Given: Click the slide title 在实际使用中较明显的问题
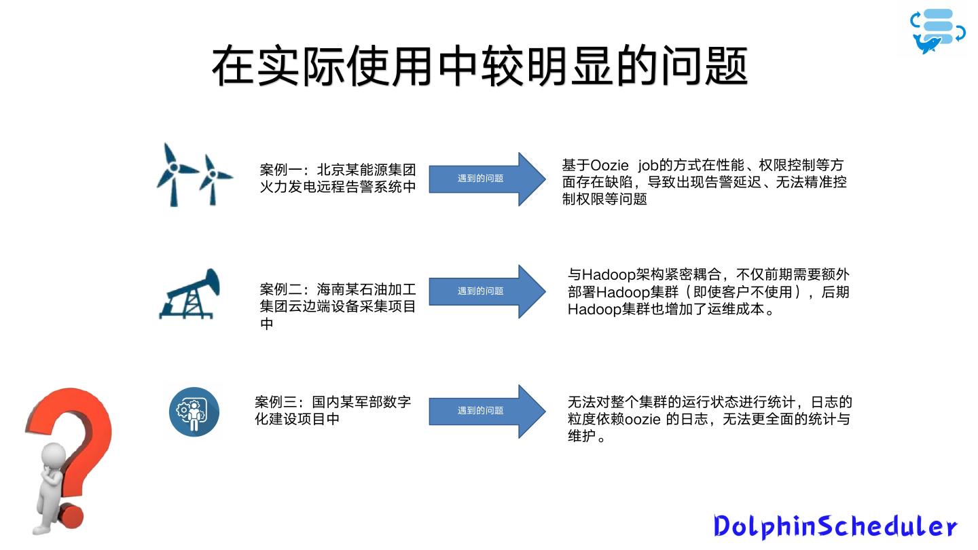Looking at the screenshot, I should pyautogui.click(x=479, y=66).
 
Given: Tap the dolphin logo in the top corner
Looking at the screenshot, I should pyautogui.click(x=937, y=32).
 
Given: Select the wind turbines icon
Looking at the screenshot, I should pyautogui.click(x=194, y=175).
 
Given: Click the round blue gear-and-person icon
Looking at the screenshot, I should pyautogui.click(x=194, y=411).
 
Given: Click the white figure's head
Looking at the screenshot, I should pyautogui.click(x=52, y=454).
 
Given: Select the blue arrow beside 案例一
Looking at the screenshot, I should pyautogui.click(x=486, y=179).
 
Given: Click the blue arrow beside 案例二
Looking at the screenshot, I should pyautogui.click(x=486, y=291).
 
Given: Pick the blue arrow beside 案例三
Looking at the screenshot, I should pyautogui.click(x=486, y=411).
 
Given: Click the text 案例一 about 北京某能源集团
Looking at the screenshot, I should pyautogui.click(x=338, y=178).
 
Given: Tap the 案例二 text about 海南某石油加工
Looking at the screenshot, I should pyautogui.click(x=338, y=306).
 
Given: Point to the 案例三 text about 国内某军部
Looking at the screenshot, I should pyautogui.click(x=333, y=410).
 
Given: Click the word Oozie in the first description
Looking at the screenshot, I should pyautogui.click(x=609, y=166).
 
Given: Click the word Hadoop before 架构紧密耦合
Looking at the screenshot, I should pyautogui.click(x=609, y=275).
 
